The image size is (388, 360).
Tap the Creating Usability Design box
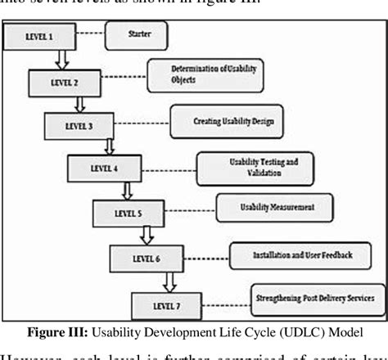pyautogui.click(x=221, y=121)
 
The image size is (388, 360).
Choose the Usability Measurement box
pyautogui.click(x=263, y=205)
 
